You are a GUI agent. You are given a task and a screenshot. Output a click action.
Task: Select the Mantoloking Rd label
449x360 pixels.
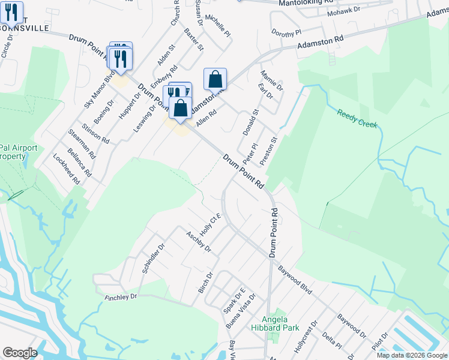pyautogui.click(x=306, y=3)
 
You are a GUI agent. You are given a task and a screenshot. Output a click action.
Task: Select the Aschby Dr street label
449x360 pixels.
pyautogui.click(x=198, y=241)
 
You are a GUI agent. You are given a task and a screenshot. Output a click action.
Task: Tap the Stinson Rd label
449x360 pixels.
pyautogui.click(x=97, y=133)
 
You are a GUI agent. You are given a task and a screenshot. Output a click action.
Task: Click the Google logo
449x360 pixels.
pyautogui.click(x=20, y=353)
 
